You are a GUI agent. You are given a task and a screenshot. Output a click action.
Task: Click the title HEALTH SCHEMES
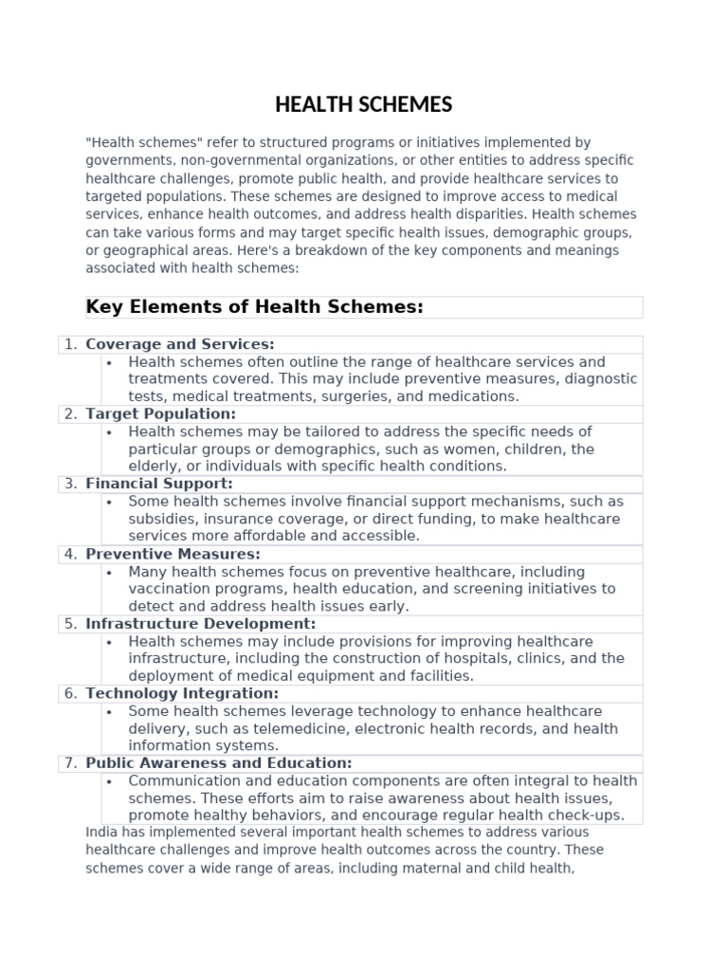364,104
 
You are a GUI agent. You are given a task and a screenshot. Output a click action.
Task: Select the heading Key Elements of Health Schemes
254,306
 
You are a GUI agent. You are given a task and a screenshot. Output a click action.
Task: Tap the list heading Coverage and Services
180,344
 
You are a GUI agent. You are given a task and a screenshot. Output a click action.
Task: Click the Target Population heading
161,414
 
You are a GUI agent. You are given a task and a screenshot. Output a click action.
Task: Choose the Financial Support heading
159,484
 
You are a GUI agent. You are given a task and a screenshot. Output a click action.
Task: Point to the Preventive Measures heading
173,554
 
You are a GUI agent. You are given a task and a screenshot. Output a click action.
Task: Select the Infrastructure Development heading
201,624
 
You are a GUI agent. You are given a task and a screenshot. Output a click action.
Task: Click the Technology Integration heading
182,693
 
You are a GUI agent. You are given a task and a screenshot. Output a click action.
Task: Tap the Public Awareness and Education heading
219,763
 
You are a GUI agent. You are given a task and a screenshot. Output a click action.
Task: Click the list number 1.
70,344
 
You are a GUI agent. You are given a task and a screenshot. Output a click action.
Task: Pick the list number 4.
70,554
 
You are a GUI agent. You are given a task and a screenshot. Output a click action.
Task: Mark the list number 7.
70,763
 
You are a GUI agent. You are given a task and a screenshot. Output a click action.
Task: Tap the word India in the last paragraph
101,833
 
